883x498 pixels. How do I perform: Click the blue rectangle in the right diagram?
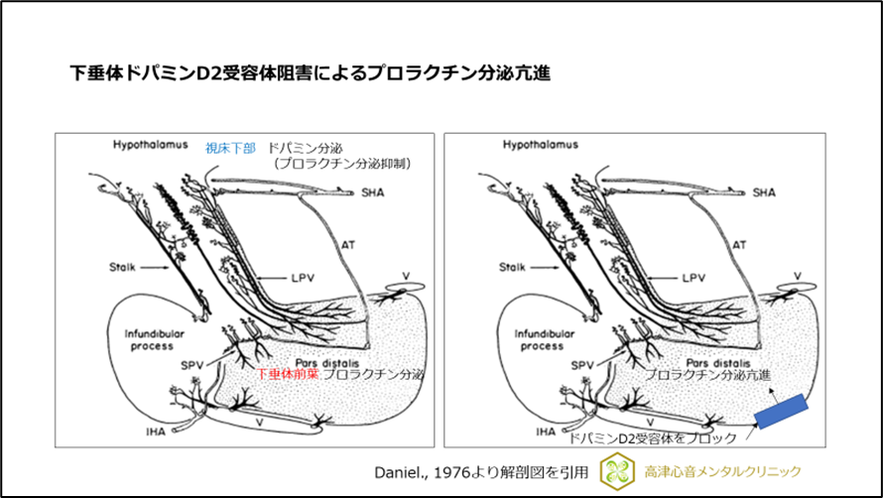coord(781,412)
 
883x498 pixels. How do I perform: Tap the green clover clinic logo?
coord(617,471)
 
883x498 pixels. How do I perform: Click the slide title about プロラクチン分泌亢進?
coord(310,73)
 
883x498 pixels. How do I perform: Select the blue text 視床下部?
coord(230,148)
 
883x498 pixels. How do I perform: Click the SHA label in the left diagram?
coord(373,192)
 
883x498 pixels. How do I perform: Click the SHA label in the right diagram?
coord(764,192)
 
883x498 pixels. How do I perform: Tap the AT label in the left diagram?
coord(348,245)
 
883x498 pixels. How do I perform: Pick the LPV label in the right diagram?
coord(693,278)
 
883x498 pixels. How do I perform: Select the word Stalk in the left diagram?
coord(122,267)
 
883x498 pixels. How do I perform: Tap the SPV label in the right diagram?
coord(582,366)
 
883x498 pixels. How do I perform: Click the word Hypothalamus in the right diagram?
coord(540,145)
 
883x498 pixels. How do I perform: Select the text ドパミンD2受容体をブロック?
coord(653,437)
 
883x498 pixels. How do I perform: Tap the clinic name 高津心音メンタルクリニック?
coord(722,471)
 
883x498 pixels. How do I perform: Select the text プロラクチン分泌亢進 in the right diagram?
coord(707,375)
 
